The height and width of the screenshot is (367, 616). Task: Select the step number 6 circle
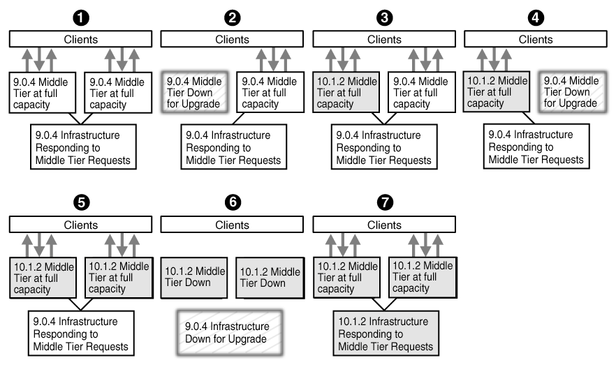coord(233,202)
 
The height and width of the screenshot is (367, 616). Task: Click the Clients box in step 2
coord(233,40)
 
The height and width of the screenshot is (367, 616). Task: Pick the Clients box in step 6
coord(233,225)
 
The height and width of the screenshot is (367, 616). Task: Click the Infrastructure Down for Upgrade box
coord(227,333)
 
